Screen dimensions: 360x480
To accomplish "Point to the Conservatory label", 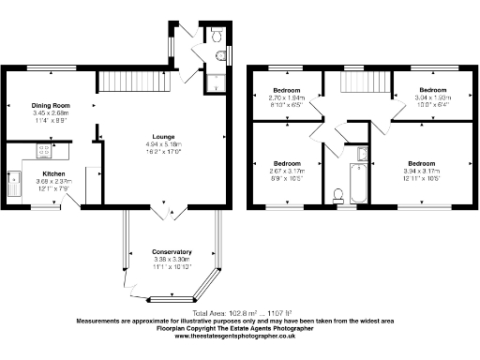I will (x=172, y=252).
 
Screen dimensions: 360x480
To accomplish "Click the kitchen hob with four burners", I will (x=44, y=149).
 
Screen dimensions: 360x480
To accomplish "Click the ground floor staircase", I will (x=134, y=82).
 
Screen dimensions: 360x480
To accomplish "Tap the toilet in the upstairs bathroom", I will (x=338, y=195).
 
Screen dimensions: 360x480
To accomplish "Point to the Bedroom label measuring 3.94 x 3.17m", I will (x=427, y=164).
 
